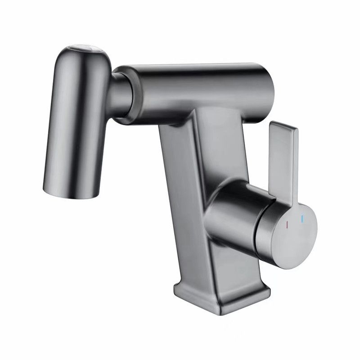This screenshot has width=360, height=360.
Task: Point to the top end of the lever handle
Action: pyautogui.click(x=283, y=128)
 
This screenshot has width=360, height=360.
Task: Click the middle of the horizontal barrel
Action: pyautogui.click(x=198, y=90)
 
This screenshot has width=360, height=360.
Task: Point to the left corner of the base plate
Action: pyautogui.click(x=176, y=288)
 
